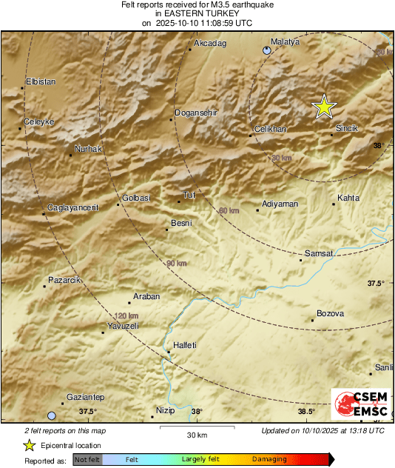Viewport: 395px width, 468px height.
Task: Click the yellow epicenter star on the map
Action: point(323,107)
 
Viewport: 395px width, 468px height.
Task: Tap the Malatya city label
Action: point(285,42)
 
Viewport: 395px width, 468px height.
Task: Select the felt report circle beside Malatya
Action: point(267,50)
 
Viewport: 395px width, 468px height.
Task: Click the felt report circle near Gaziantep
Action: point(52,415)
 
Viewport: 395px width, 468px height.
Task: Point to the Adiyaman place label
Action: point(280,204)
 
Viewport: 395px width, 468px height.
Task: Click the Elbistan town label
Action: point(41,81)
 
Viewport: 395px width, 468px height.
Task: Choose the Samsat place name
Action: point(320,253)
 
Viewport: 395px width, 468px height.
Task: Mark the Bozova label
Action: point(330,314)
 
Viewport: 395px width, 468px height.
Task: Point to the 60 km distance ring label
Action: point(229,211)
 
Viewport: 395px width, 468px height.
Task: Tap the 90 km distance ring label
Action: point(176,264)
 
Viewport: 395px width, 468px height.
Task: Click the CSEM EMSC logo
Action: point(357,405)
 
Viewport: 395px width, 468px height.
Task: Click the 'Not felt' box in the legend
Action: point(87,459)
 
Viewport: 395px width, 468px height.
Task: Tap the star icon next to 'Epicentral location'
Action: point(30,445)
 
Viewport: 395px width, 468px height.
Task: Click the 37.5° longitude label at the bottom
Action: point(88,412)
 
